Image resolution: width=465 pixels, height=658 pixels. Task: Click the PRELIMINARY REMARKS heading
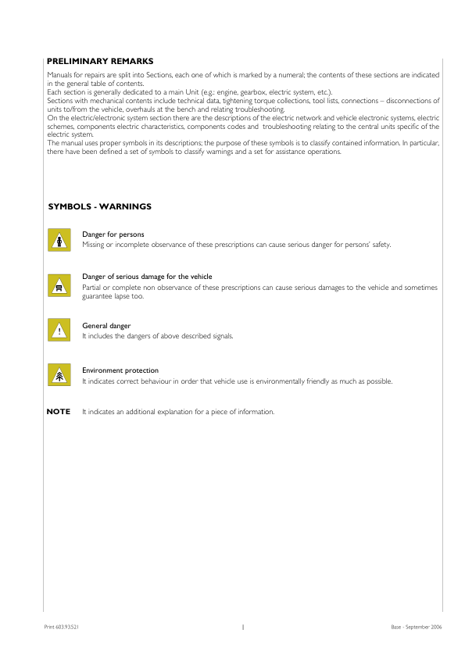point(100,61)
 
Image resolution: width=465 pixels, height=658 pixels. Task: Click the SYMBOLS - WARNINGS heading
point(100,207)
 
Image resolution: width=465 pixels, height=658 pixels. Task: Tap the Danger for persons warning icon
point(58,240)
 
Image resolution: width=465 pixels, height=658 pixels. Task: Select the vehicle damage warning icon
point(58,284)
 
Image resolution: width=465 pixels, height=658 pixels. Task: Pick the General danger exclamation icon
point(58,330)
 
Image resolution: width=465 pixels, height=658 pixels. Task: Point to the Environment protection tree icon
point(58,375)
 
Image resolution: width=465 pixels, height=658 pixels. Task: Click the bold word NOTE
point(59,412)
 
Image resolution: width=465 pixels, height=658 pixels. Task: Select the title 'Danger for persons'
point(113,234)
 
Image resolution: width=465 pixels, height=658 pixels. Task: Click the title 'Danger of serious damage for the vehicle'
point(147,277)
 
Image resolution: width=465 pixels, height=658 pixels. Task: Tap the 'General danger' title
point(106,325)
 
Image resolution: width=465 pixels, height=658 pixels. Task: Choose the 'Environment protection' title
point(120,370)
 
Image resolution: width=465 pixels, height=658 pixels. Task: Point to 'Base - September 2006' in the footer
point(417,627)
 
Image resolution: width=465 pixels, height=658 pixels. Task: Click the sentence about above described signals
point(157,336)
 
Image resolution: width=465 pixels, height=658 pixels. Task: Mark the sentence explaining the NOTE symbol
point(178,412)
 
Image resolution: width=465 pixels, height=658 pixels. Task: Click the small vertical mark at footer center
point(243,627)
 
